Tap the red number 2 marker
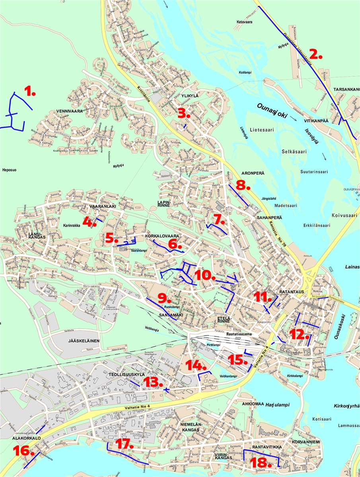pos(316,54)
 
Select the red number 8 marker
pos(242,185)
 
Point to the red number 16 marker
pos(21,450)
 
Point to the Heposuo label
pos(11,169)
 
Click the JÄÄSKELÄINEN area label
pos(84,341)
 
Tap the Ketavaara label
pos(245,22)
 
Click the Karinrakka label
pos(72,225)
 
